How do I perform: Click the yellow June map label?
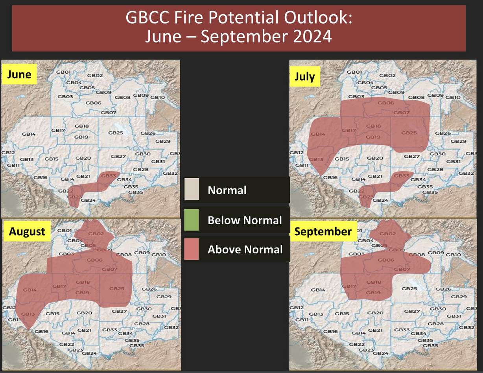pos(19,74)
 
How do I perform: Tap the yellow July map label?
pos(305,76)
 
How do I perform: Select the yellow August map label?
pos(27,231)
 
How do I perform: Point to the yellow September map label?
pos(323,231)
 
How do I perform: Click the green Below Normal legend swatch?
pos(192,220)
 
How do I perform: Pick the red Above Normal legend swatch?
pos(192,249)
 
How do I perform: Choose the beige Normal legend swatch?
pos(192,190)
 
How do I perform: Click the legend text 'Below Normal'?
pos(245,220)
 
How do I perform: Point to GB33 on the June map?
pos(109,175)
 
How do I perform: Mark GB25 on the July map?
pos(409,133)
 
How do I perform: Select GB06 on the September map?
pos(386,260)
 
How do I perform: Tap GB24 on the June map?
pos(90,200)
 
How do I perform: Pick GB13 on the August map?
pos(28,314)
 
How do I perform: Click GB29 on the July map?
pos(458,141)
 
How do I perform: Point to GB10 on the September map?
pos(453,255)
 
